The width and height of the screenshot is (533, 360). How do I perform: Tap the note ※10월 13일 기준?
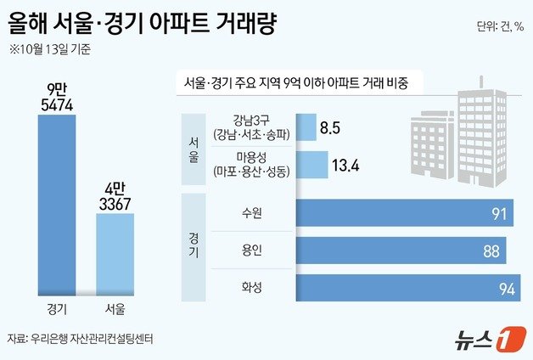tap(52, 48)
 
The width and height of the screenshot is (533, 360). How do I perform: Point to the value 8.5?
tap(332, 129)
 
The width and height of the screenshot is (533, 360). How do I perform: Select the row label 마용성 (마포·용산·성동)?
tap(251, 165)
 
